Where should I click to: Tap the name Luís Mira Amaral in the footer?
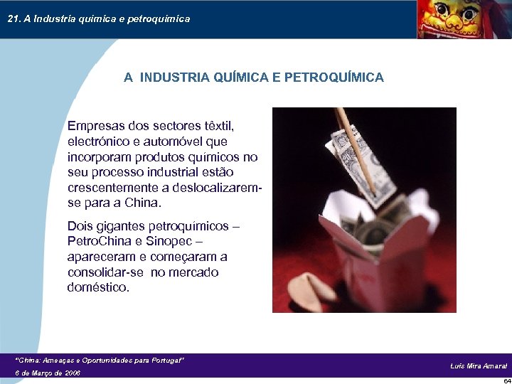click(478, 366)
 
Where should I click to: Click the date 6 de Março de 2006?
click(48, 373)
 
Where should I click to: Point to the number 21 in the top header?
click(13, 18)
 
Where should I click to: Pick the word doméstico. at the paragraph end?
click(99, 288)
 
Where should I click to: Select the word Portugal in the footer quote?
click(163, 361)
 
